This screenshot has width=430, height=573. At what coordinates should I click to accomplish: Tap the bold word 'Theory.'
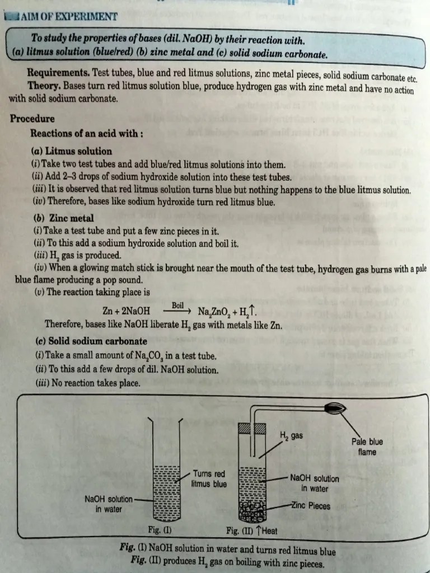click(44, 87)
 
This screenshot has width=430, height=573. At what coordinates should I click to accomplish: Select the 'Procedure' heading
click(32, 119)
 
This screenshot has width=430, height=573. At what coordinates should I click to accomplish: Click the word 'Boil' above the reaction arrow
click(177, 306)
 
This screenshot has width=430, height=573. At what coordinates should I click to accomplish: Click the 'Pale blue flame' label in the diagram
click(367, 447)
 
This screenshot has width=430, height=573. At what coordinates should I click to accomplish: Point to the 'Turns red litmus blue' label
click(209, 478)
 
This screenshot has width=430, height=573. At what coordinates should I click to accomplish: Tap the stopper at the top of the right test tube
click(252, 428)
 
